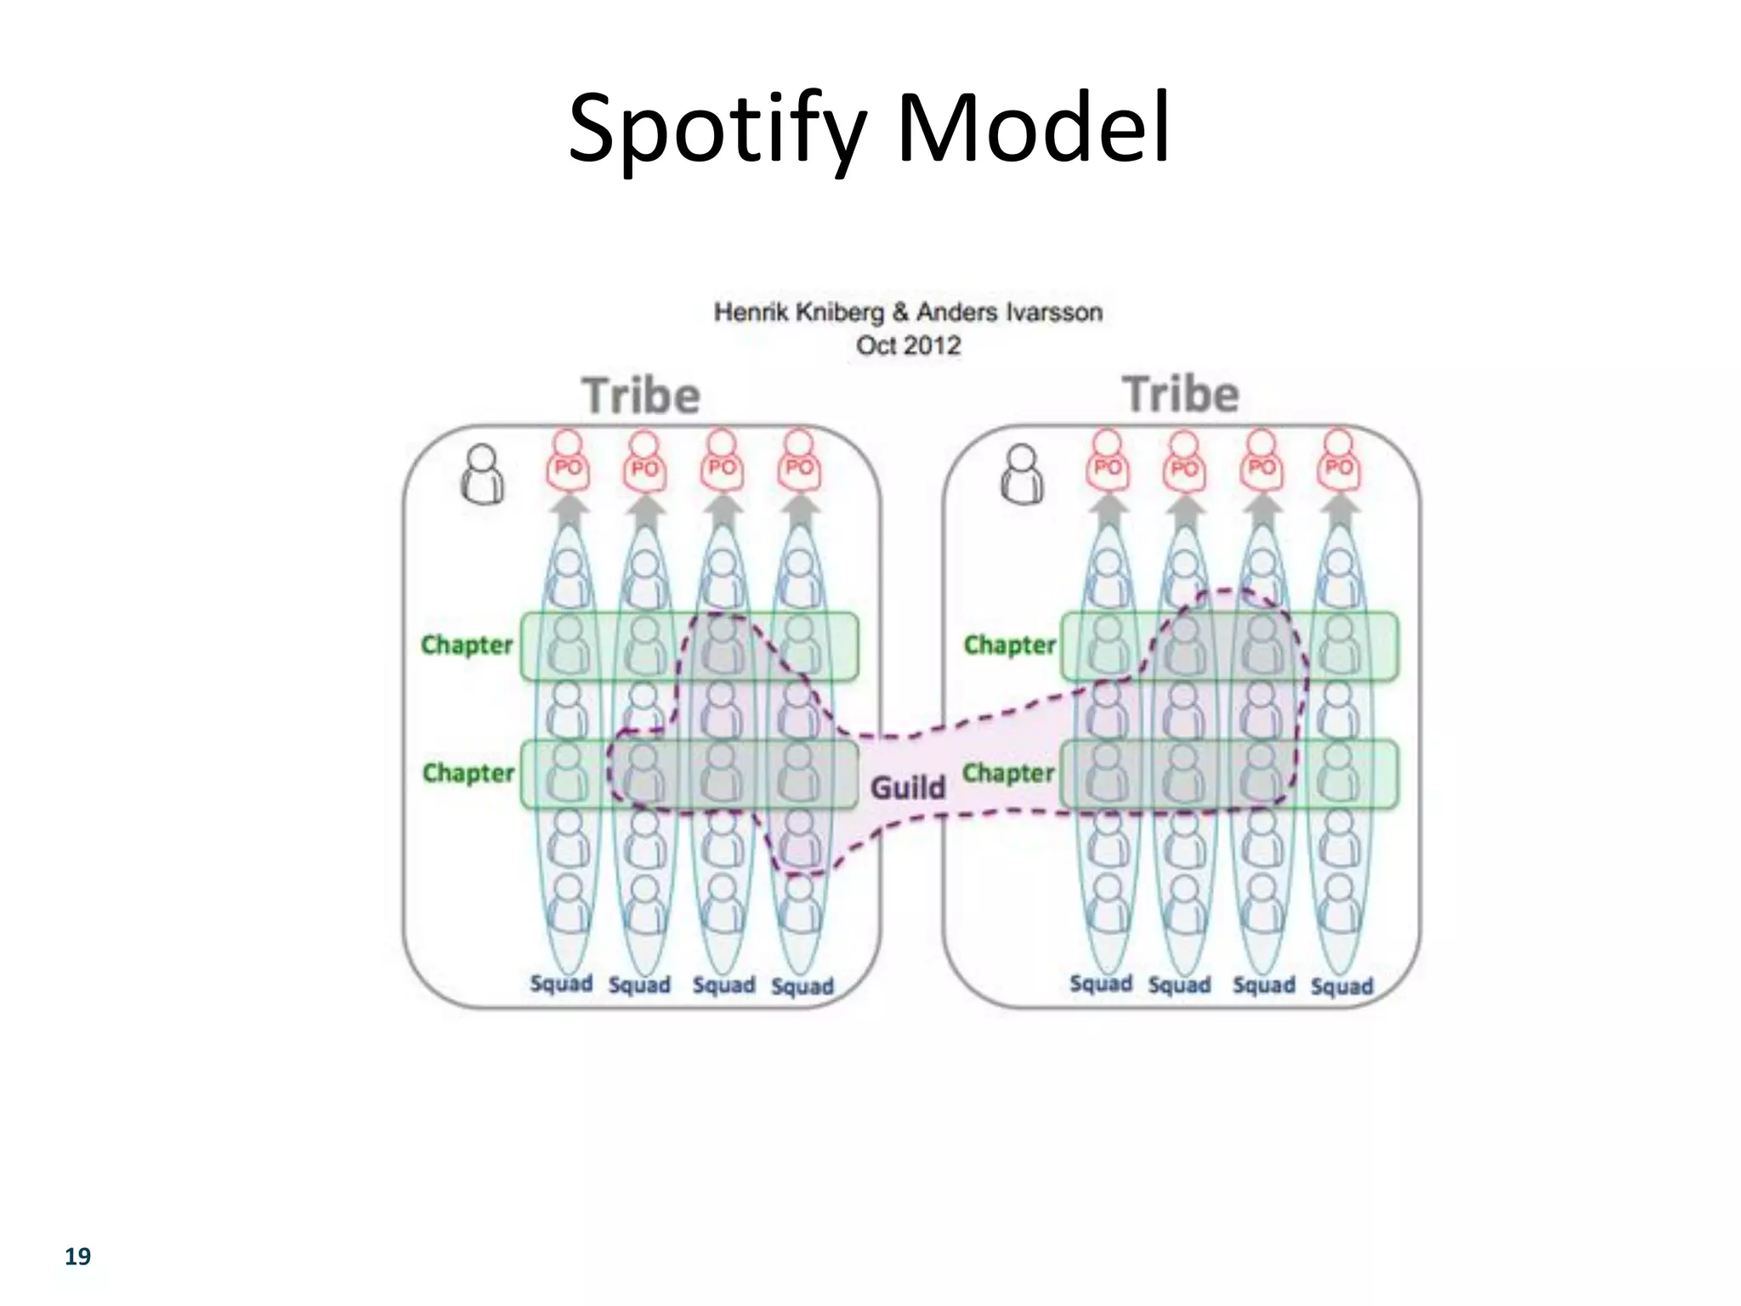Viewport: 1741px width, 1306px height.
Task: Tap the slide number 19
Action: point(77,1257)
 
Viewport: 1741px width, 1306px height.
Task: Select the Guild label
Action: point(908,787)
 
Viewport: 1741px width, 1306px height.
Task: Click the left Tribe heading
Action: point(641,396)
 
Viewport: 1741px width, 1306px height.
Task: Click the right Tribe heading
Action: point(1181,395)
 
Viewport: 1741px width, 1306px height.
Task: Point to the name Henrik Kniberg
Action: point(798,312)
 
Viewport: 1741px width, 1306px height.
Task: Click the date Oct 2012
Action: point(908,345)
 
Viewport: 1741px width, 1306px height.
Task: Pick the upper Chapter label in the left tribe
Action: point(468,644)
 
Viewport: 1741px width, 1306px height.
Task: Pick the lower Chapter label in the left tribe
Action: point(468,773)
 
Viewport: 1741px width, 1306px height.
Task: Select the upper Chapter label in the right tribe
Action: point(1010,644)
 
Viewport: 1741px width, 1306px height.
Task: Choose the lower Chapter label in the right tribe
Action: point(1008,773)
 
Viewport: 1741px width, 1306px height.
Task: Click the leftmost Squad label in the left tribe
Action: point(561,984)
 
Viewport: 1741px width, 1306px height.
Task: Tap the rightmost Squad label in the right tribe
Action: point(1341,986)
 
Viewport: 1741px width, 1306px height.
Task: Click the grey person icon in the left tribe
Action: point(482,474)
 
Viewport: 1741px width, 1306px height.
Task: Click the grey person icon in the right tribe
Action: point(1022,474)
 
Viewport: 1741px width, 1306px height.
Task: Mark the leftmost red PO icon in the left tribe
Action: point(568,461)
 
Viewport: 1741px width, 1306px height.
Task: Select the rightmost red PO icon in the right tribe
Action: point(1338,461)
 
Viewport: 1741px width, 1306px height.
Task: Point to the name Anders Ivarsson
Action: point(1009,312)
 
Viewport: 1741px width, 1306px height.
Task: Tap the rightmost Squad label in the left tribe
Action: point(802,986)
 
